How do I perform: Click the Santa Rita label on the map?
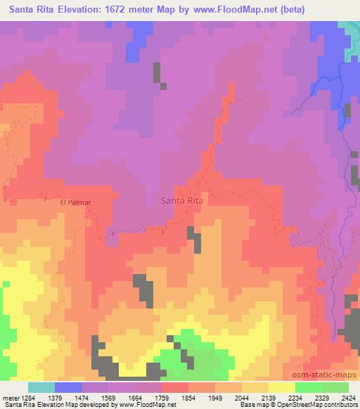[x=183, y=200]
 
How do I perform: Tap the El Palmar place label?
[x=76, y=201]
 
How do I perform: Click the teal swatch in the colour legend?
[x=41, y=387]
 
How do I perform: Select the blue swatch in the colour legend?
[x=68, y=387]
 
